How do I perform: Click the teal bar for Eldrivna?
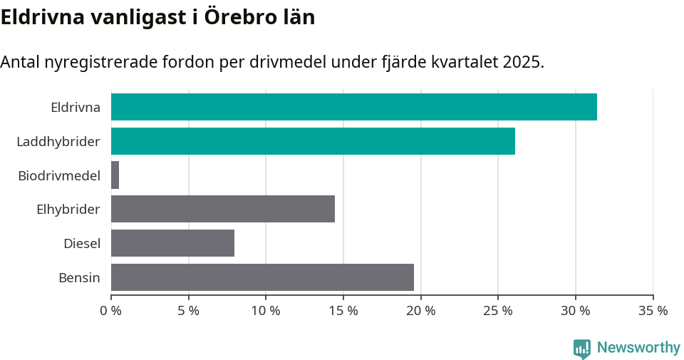click(x=353, y=107)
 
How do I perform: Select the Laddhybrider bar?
click(x=313, y=141)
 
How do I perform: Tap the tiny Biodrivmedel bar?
click(x=115, y=175)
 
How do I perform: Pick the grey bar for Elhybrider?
click(x=222, y=209)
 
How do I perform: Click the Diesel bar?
click(x=172, y=243)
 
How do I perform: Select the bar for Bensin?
click(x=262, y=277)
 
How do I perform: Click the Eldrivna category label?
click(x=75, y=108)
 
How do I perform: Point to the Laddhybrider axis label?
click(x=58, y=142)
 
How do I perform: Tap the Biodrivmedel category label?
click(x=58, y=175)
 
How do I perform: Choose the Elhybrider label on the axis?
click(x=68, y=210)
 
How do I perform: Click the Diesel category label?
click(x=81, y=244)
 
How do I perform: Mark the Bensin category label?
click(x=79, y=277)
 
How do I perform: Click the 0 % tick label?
click(x=111, y=311)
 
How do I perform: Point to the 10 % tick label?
click(x=265, y=311)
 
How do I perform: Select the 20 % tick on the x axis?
click(x=420, y=311)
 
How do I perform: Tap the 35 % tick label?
click(x=653, y=311)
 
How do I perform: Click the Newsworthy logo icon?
click(x=582, y=348)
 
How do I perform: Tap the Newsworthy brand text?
click(x=638, y=348)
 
